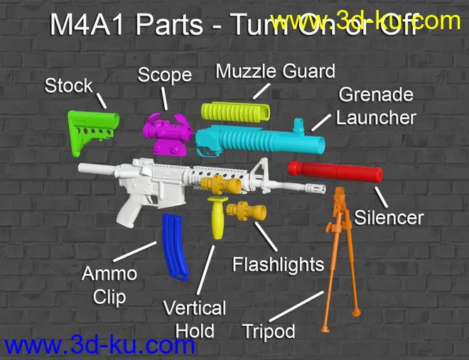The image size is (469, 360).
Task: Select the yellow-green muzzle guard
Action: (x=235, y=111)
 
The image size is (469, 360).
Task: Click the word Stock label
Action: (x=69, y=86)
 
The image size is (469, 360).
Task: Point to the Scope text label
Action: (x=165, y=75)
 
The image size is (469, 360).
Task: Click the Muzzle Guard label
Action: (x=275, y=72)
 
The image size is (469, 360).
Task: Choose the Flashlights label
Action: (x=279, y=265)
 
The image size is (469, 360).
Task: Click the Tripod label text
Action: (x=269, y=331)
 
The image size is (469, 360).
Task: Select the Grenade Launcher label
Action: (x=376, y=106)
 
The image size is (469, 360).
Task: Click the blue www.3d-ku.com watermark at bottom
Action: (x=99, y=346)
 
